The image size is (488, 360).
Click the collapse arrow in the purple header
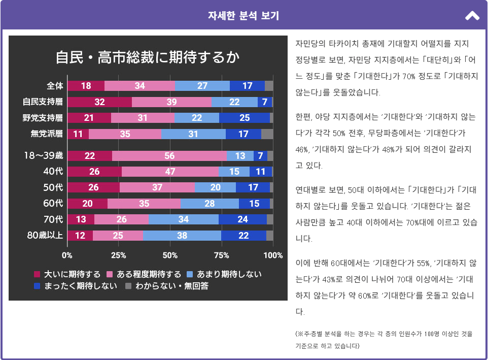coord(472,16)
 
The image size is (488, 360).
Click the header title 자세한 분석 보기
coord(243,16)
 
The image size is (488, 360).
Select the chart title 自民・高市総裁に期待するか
coord(147,57)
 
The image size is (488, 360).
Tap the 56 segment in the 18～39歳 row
coord(169,156)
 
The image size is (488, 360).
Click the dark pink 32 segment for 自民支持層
coord(99,102)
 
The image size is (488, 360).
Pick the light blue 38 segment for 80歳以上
coord(182,236)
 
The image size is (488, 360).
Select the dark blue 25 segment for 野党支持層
coord(245,118)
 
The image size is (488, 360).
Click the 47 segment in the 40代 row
coord(170,172)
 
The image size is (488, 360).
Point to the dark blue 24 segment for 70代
coord(242,219)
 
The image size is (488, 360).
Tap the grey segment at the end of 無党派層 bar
coord(267,134)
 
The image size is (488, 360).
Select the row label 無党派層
coord(47,134)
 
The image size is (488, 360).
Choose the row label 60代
coord(53,204)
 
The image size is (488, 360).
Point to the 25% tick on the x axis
coord(118,255)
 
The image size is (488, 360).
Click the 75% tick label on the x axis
coord(221,255)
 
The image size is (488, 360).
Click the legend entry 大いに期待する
coord(67,274)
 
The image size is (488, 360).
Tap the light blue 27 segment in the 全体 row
coord(202,86)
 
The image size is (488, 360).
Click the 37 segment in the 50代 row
coord(157,187)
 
